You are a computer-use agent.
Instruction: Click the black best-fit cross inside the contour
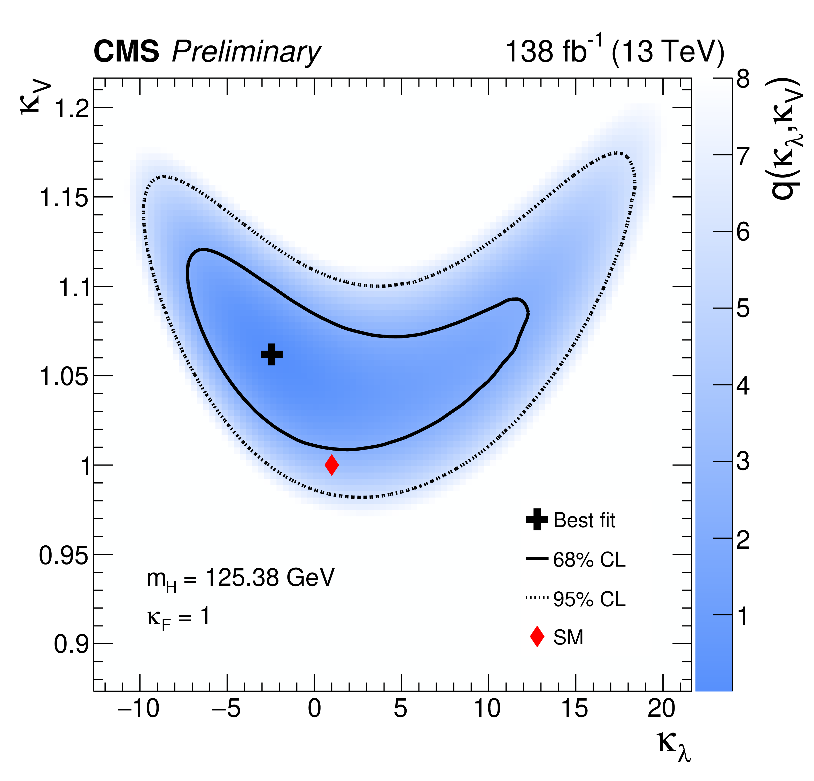point(272,354)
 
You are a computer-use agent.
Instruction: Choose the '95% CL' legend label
point(589,599)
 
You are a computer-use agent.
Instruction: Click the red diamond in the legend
point(537,636)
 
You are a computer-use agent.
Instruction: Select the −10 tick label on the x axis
point(138,708)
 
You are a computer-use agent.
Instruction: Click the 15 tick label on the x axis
point(575,708)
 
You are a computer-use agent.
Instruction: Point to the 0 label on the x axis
point(314,708)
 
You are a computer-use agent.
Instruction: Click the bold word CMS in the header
point(126,52)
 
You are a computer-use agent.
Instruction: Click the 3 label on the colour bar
point(743,461)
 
